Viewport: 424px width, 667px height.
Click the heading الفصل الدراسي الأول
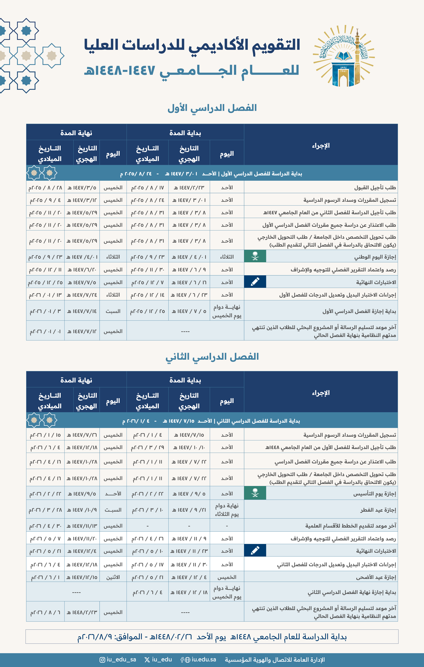tap(212, 108)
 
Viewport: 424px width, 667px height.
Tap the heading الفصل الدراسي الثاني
tap(212, 356)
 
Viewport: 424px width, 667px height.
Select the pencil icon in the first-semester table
tap(255, 282)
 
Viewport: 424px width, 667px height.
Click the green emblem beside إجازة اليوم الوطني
tap(255, 256)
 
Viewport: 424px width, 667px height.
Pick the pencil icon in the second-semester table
tap(255, 550)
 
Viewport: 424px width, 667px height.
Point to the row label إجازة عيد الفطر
tap(378, 510)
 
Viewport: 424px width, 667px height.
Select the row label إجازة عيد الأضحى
tap(376, 577)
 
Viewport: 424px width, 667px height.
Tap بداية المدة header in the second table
tap(185, 380)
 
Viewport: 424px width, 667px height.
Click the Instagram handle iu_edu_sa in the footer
tap(118, 659)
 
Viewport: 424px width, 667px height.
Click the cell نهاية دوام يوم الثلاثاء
tap(227, 510)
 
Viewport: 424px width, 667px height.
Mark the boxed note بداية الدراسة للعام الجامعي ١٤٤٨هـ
tap(212, 637)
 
